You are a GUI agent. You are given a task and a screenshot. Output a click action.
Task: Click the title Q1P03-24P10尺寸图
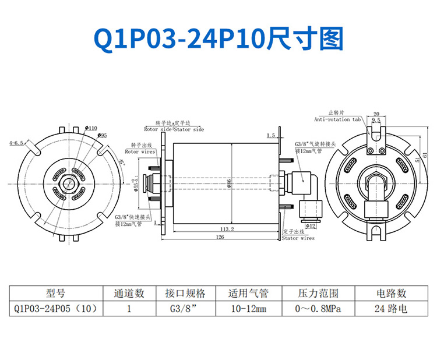pyautogui.click(x=218, y=40)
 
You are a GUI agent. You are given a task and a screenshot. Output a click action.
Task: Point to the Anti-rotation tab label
pyautogui.click(x=337, y=119)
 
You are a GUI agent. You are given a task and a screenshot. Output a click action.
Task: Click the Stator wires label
pyautogui.click(x=298, y=238)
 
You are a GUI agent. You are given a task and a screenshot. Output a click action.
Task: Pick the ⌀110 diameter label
pyautogui.click(x=91, y=127)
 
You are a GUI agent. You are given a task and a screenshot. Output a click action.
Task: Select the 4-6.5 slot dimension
pyautogui.click(x=16, y=142)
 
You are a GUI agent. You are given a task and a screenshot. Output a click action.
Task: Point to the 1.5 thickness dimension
pyautogui.click(x=270, y=135)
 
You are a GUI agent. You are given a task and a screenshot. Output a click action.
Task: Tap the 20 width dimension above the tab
pyautogui.click(x=376, y=114)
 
